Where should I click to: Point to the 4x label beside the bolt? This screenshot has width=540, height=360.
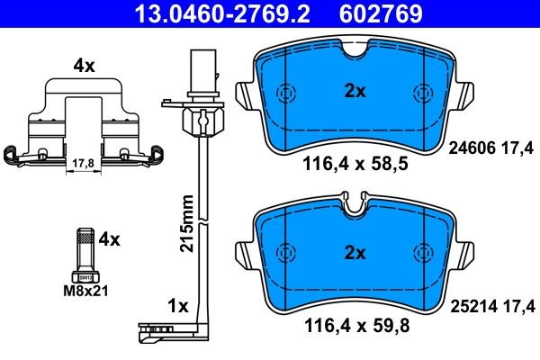click(109, 238)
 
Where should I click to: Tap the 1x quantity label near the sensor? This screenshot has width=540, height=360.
click(178, 306)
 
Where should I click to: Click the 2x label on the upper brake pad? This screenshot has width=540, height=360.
click(354, 90)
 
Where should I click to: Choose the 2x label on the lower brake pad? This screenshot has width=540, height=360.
click(354, 253)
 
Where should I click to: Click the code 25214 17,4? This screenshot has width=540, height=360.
click(491, 307)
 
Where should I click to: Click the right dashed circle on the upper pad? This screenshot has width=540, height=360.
click(421, 93)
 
